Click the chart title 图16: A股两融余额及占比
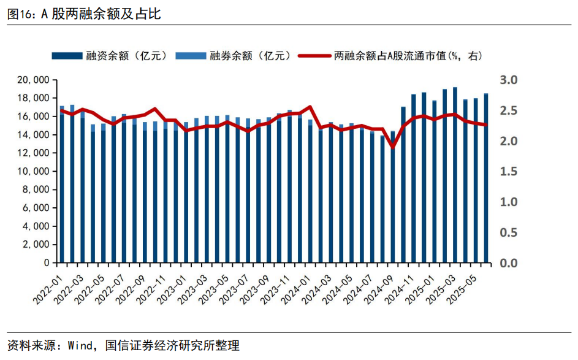(84, 14)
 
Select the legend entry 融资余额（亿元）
(110, 56)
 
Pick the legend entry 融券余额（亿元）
(233, 56)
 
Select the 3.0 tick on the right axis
(509, 80)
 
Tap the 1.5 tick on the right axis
(509, 171)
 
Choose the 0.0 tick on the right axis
(509, 262)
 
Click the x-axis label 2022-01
(47, 286)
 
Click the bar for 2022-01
(62, 184)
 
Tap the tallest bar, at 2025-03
(455, 175)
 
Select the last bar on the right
(486, 178)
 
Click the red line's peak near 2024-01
(310, 107)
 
